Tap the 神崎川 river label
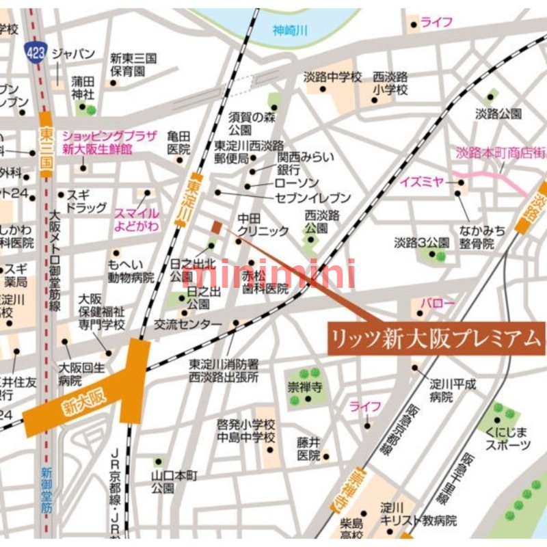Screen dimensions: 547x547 290,30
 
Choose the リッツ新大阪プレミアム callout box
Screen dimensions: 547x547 436,338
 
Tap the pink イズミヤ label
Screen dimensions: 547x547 422,182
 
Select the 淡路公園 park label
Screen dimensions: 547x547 498,114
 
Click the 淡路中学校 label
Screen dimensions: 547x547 332,77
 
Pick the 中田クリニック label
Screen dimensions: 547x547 263,225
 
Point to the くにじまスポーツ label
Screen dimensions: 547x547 507,438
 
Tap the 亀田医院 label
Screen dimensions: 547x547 178,142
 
